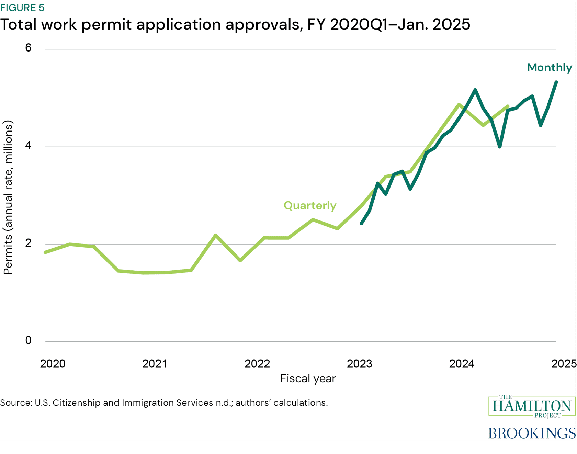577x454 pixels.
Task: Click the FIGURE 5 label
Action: point(22,8)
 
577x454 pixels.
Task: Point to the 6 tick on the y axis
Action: point(28,48)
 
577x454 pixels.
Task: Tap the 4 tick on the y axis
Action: point(28,145)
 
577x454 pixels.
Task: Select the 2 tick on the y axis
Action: point(28,243)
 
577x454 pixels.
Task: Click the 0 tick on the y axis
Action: point(28,340)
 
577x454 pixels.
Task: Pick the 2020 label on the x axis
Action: point(53,364)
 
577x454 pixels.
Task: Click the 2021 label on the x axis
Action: point(155,364)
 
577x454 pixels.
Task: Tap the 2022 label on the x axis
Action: point(257,364)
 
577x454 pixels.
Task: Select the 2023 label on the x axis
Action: point(359,364)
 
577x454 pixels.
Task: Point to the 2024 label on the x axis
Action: point(462,364)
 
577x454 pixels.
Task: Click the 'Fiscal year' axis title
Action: point(308,378)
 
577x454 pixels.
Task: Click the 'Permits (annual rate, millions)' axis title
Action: point(8,197)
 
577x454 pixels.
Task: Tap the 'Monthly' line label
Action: point(549,68)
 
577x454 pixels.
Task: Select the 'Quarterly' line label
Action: point(310,205)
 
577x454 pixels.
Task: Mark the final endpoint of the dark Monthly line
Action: point(556,82)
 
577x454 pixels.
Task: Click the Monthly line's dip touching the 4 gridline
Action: point(500,147)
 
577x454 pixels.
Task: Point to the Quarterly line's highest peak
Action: point(459,104)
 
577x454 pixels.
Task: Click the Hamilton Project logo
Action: point(532,406)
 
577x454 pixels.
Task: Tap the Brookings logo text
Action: point(532,433)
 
